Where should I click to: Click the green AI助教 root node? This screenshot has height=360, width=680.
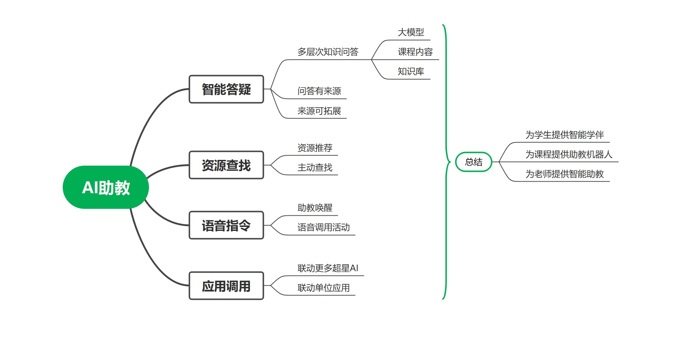106,187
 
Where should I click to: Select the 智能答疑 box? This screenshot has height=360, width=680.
226,89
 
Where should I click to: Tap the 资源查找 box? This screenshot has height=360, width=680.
226,165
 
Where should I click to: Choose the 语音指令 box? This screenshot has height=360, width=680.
226,225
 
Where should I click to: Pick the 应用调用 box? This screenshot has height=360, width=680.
226,286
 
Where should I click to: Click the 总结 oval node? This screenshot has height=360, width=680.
473,162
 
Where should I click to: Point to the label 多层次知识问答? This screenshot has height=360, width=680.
328,52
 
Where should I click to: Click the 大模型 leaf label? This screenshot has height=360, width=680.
411,32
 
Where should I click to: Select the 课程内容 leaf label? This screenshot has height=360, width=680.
415,52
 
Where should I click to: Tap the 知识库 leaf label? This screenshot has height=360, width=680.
411,71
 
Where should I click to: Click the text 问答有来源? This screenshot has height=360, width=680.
319,91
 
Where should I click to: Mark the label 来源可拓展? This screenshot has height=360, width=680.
319,111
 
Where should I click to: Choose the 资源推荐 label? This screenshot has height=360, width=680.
315,148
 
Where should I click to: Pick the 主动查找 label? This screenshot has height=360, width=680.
315,167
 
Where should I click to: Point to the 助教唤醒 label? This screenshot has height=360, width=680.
315,208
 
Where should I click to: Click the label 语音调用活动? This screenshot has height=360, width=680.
323,227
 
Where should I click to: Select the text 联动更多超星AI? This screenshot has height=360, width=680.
328,268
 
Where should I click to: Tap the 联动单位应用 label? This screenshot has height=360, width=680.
323,288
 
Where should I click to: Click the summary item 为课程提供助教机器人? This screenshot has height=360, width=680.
569,154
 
